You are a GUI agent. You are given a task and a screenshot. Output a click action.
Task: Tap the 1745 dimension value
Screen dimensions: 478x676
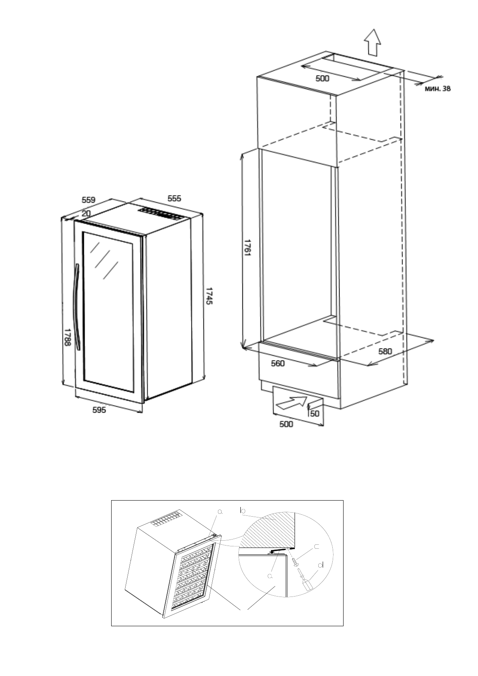tap(209, 295)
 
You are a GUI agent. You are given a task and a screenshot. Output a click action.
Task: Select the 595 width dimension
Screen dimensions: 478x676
tap(99, 410)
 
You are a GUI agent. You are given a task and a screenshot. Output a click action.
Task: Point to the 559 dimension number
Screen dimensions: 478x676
tap(88, 200)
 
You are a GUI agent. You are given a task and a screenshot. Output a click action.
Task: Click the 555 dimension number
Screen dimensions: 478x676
tap(174, 198)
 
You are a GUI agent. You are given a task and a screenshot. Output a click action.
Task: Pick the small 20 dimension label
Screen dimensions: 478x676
tap(86, 214)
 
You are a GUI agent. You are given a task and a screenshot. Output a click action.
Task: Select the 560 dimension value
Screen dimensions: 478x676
tap(278, 363)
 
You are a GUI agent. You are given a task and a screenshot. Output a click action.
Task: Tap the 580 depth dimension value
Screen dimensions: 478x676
tap(385, 351)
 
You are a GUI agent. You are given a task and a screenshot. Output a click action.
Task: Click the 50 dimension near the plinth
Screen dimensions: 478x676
tap(315, 413)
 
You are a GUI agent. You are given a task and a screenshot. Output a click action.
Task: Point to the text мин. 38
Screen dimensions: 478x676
tap(437, 89)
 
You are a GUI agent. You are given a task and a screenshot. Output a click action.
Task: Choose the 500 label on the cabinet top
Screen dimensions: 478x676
tap(322, 79)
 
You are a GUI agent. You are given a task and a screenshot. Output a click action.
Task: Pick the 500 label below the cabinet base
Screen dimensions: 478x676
tap(286, 424)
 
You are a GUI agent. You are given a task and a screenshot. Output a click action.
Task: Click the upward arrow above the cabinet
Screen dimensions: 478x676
tap(372, 42)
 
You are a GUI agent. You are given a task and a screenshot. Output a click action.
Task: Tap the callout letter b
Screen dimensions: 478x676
tap(242, 510)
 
